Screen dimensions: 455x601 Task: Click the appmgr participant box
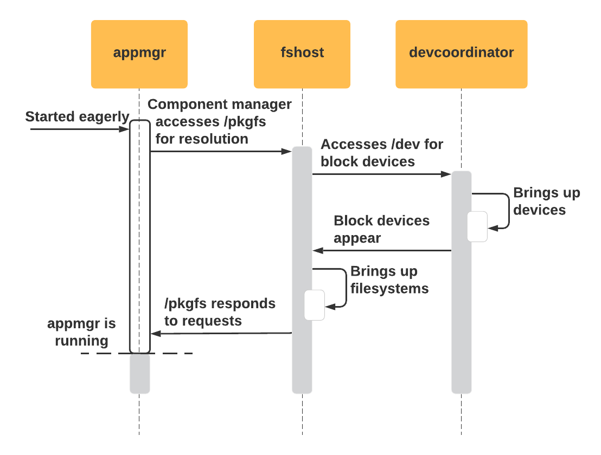click(x=139, y=54)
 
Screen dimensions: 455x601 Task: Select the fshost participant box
click(x=302, y=54)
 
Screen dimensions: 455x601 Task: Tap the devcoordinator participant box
click(x=461, y=54)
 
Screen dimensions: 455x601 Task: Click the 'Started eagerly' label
click(x=77, y=117)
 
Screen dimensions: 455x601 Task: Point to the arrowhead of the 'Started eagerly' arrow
click(x=126, y=129)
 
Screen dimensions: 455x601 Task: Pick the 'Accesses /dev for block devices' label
click(x=381, y=153)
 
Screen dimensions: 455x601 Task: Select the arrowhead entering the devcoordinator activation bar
click(x=447, y=174)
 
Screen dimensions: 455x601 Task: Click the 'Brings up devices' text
click(x=546, y=201)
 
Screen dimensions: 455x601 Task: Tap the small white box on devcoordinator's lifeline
click(x=477, y=226)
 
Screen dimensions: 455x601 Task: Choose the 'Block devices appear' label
click(x=381, y=229)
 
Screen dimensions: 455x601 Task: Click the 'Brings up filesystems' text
click(x=389, y=279)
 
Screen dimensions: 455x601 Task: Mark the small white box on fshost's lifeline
click(x=314, y=305)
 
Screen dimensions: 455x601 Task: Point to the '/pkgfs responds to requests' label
click(x=220, y=312)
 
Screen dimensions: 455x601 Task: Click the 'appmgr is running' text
click(x=81, y=332)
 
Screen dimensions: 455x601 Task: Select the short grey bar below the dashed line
click(x=139, y=374)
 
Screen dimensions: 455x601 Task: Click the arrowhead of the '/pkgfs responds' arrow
click(x=155, y=334)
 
